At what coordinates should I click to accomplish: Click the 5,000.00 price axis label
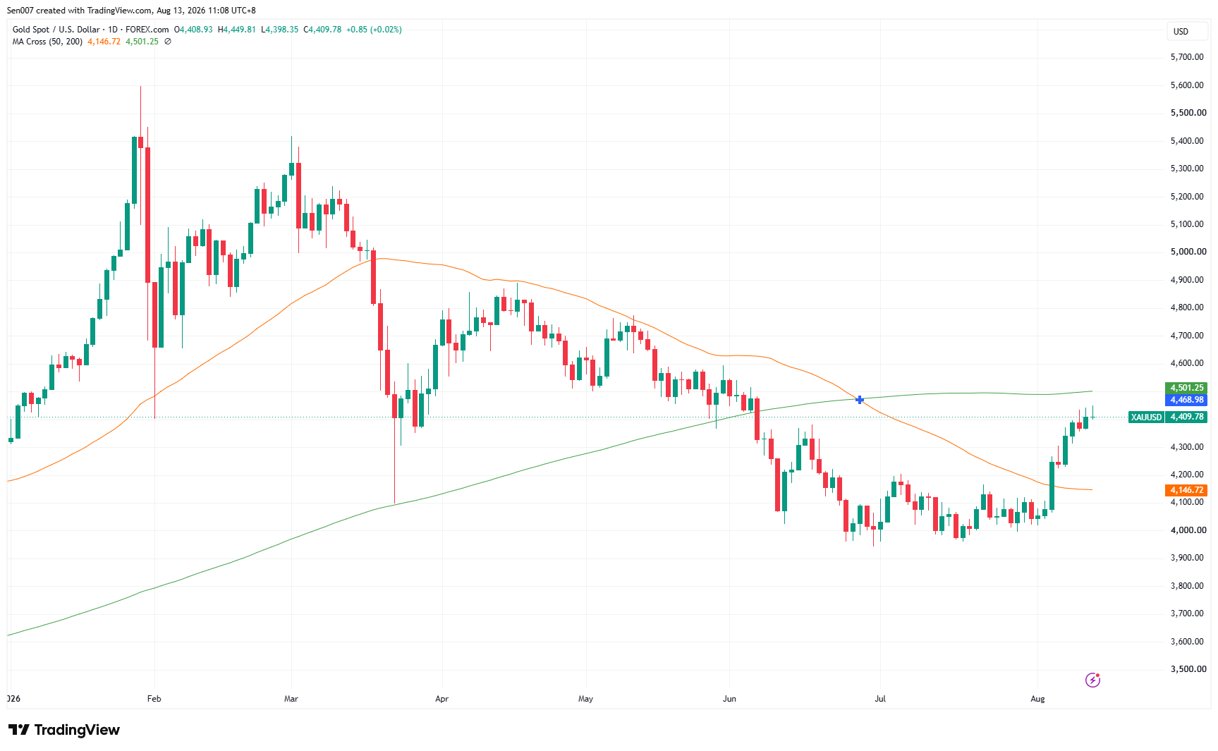(x=1188, y=252)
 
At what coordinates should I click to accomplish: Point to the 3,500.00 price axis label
(x=1188, y=669)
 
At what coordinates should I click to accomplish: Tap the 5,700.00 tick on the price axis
(x=1187, y=57)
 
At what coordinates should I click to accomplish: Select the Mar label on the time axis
(x=291, y=699)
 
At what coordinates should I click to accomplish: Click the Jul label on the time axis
(x=880, y=699)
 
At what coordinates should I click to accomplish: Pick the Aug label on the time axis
(x=1037, y=699)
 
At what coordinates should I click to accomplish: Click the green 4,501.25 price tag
(x=1187, y=388)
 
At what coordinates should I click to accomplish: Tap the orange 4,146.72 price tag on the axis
(x=1187, y=490)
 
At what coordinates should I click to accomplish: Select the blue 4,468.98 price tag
(x=1187, y=400)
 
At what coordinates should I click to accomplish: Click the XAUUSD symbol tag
(x=1146, y=417)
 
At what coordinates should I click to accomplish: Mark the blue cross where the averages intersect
(x=860, y=400)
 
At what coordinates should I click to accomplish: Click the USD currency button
(x=1181, y=32)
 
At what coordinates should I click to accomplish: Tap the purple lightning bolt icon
(x=1092, y=680)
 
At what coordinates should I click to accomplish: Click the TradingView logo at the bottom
(x=64, y=730)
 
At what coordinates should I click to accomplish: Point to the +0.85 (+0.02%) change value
(x=374, y=30)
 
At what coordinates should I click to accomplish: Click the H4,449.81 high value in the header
(x=237, y=30)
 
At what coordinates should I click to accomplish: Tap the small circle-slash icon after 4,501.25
(x=168, y=42)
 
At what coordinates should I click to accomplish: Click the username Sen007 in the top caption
(x=20, y=11)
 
